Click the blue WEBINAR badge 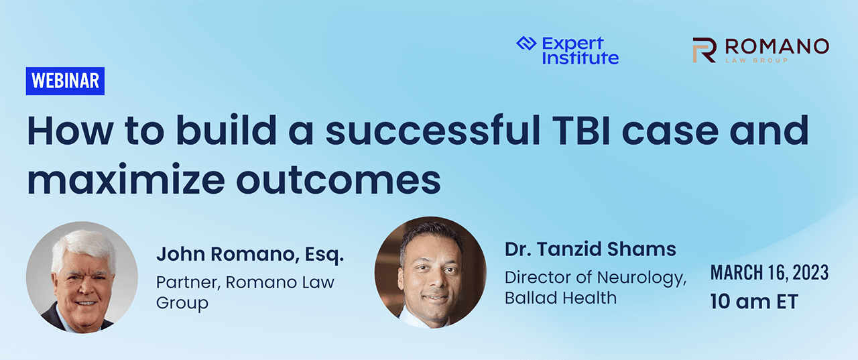click(65, 81)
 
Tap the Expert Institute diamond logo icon click(526, 44)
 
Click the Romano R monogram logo click(704, 50)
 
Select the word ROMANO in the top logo click(777, 47)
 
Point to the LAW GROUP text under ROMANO click(757, 60)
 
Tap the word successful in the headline click(433, 129)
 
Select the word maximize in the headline click(126, 178)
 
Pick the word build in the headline click(227, 129)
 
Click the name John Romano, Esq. click(250, 255)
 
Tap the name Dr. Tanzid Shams click(591, 249)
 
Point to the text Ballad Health click(561, 298)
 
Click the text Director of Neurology click(596, 278)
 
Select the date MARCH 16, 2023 click(770, 273)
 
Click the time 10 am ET click(754, 302)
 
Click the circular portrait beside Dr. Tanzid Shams click(430, 273)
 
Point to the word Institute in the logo click(580, 58)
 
